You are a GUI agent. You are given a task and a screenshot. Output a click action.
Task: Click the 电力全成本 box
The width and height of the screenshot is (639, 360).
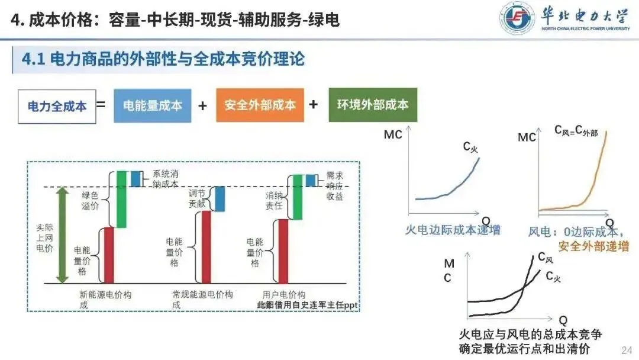57,106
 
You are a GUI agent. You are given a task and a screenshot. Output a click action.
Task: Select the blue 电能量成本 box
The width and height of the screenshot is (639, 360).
153,105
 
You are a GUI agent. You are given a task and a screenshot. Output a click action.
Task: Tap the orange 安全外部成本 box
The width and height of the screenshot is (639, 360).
260,105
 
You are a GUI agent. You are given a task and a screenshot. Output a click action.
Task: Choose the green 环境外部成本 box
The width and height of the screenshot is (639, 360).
373,105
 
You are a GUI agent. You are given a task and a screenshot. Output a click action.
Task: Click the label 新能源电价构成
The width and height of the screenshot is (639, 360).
104,299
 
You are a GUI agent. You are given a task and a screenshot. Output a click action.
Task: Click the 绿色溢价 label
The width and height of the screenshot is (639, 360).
91,200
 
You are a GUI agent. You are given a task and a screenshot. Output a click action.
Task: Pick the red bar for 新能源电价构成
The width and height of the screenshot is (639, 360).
109,255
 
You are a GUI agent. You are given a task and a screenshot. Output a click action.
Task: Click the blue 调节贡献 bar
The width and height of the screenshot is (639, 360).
220,198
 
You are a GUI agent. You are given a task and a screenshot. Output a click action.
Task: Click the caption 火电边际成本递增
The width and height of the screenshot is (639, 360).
453,230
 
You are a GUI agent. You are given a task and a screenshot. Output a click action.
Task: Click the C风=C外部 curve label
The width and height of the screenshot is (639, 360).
576,131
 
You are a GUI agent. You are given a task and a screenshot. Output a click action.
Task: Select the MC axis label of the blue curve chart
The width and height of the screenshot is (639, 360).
393,135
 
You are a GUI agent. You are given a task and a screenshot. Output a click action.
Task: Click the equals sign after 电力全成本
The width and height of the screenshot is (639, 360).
101,105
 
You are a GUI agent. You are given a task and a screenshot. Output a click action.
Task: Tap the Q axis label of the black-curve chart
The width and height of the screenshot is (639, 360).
563,320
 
